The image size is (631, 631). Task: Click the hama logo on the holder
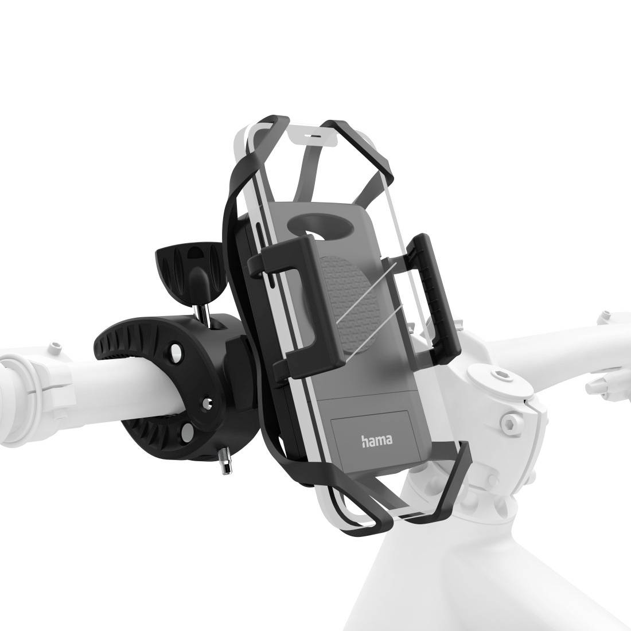376,441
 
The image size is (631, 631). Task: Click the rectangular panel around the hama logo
373,436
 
